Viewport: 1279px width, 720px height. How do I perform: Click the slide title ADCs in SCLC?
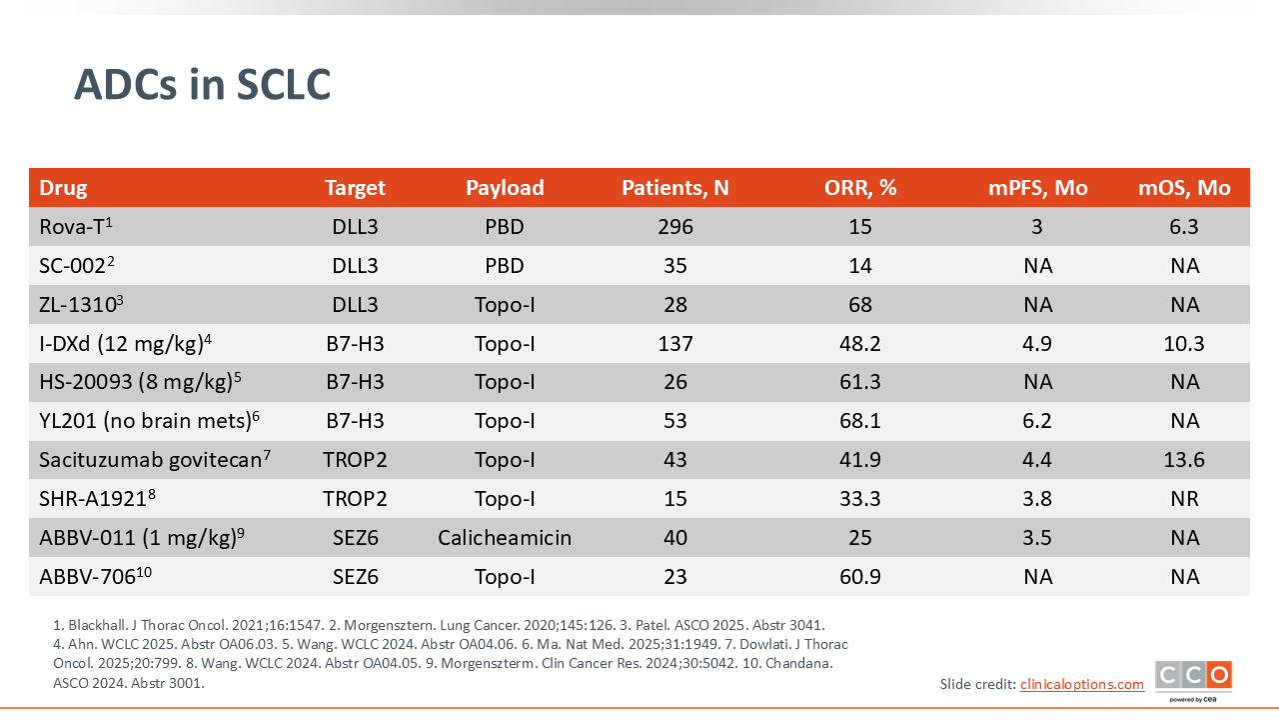click(202, 85)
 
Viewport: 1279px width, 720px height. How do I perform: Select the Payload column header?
click(505, 188)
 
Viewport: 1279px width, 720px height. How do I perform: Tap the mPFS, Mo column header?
click(1037, 188)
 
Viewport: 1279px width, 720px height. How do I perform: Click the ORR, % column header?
click(860, 188)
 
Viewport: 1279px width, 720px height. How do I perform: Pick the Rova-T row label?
click(75, 226)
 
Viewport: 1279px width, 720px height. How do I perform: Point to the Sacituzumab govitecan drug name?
click(154, 459)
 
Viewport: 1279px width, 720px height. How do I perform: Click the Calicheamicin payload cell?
click(505, 538)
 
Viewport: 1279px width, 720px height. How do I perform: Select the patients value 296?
click(674, 227)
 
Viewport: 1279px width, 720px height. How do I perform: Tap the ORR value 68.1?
click(860, 421)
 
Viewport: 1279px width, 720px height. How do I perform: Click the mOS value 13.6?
click(1184, 460)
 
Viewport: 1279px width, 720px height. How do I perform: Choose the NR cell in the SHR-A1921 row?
click(1184, 499)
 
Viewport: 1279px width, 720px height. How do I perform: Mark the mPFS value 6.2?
click(1037, 421)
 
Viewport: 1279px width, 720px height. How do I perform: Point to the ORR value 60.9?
click(860, 577)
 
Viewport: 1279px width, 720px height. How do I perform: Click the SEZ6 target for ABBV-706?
click(355, 577)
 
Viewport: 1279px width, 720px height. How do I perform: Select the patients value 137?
click(674, 343)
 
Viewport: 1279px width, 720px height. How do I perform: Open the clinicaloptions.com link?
click(1082, 684)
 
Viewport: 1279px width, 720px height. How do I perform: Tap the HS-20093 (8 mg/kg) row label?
click(140, 381)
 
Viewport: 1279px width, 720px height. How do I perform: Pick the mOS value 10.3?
click(1184, 343)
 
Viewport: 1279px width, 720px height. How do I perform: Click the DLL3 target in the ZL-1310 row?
click(355, 305)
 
